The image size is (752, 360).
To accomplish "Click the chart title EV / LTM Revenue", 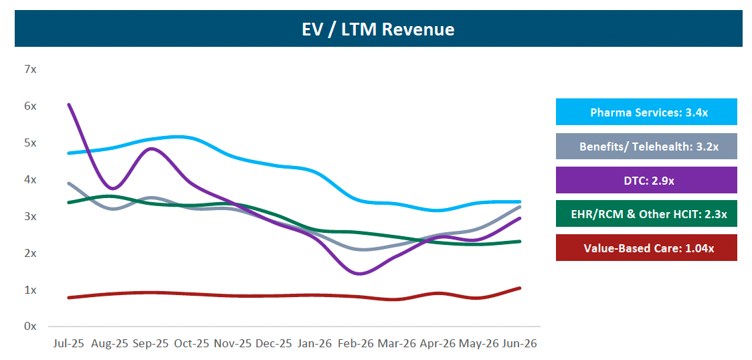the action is tap(378, 29).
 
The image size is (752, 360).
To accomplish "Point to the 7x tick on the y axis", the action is tap(30, 69).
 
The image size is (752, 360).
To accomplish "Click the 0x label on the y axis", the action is tap(30, 327).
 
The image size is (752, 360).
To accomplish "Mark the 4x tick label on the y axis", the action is tap(30, 180).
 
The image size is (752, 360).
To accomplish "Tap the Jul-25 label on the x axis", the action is tap(69, 344).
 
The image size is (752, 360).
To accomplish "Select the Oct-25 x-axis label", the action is tap(192, 344).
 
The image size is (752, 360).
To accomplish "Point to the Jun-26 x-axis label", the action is tap(519, 344).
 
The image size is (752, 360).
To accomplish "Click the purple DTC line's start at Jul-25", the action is tap(69, 104).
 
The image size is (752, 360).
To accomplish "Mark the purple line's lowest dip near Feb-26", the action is tap(359, 274).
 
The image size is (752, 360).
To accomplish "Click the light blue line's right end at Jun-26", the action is tap(519, 202).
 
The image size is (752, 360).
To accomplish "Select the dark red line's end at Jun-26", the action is tap(519, 288).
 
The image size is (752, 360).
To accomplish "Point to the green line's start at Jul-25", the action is tap(69, 202).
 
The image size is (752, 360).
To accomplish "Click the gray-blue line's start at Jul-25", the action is tap(69, 183).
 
